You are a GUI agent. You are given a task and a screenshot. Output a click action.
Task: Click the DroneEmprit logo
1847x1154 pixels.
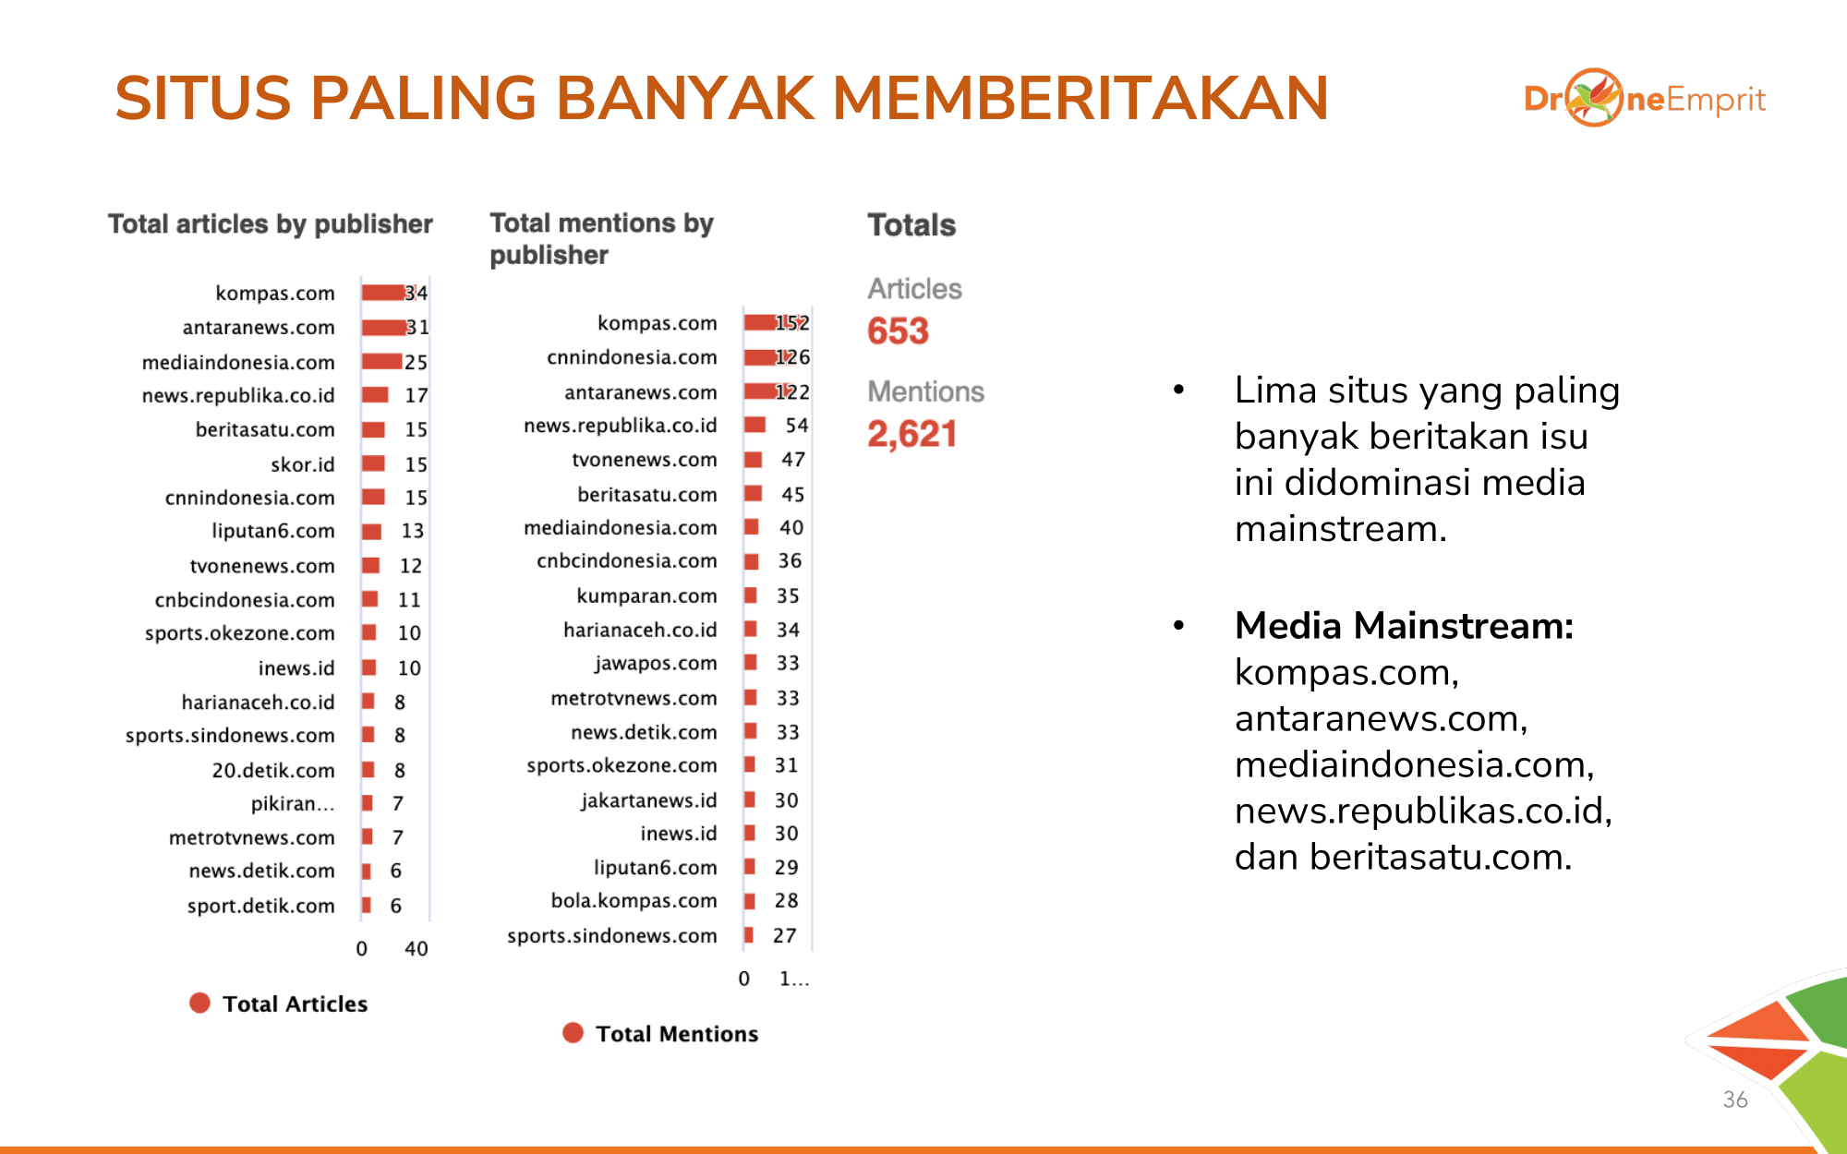tap(1644, 98)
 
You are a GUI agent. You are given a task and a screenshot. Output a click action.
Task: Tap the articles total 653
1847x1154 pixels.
tap(898, 331)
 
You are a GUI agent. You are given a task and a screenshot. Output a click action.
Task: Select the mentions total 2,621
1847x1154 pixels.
tap(911, 434)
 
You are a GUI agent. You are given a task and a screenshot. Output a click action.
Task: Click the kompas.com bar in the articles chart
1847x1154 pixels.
tap(383, 293)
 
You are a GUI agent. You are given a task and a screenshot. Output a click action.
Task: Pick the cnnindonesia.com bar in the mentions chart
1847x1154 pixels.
tap(760, 357)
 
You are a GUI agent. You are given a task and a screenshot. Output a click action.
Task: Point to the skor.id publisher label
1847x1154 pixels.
tap(302, 464)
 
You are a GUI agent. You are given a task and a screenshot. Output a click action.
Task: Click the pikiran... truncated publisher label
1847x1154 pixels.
tap(292, 804)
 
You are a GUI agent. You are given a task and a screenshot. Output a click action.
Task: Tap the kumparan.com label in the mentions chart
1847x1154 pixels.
tap(646, 595)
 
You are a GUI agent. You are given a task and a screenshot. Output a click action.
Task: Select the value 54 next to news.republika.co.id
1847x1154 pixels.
tap(796, 426)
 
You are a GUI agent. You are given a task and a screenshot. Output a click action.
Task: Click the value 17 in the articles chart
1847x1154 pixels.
tap(416, 395)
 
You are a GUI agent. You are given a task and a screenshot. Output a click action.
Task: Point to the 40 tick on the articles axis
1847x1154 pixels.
tap(416, 948)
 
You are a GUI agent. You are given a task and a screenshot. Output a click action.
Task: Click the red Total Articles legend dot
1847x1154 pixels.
tap(199, 1004)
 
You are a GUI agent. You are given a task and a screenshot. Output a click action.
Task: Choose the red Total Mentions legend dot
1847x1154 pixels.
tap(573, 1033)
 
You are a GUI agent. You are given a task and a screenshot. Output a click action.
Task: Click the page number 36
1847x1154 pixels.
tap(1734, 1100)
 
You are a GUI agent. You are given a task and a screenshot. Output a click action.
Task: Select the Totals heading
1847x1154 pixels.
tap(911, 224)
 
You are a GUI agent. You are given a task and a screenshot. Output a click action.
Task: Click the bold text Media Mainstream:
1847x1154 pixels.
tap(1404, 626)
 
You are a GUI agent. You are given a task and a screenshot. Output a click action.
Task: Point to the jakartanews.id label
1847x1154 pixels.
tap(648, 800)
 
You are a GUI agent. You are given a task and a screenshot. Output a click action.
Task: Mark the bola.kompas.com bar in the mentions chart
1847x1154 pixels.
tap(750, 901)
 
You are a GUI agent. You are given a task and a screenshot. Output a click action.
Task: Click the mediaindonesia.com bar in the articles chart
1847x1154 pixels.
tap(381, 362)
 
